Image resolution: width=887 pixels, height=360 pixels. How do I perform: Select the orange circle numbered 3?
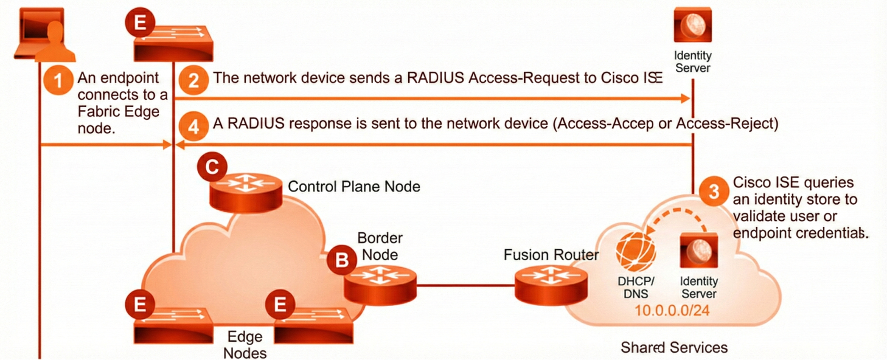pos(714,191)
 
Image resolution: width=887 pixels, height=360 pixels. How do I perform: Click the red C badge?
pos(212,167)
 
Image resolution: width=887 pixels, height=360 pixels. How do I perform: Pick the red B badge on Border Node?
pos(342,260)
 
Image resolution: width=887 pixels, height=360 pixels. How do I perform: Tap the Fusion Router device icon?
pos(551,285)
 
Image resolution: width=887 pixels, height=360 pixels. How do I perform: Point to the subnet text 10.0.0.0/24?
pos(672,311)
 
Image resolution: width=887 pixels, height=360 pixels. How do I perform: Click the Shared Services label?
pos(674,348)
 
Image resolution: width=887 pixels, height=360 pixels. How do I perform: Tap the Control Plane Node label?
pos(354,187)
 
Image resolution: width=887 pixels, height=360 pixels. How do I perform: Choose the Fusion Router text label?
pos(551,255)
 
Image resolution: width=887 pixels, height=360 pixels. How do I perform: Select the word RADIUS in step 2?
pos(435,78)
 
